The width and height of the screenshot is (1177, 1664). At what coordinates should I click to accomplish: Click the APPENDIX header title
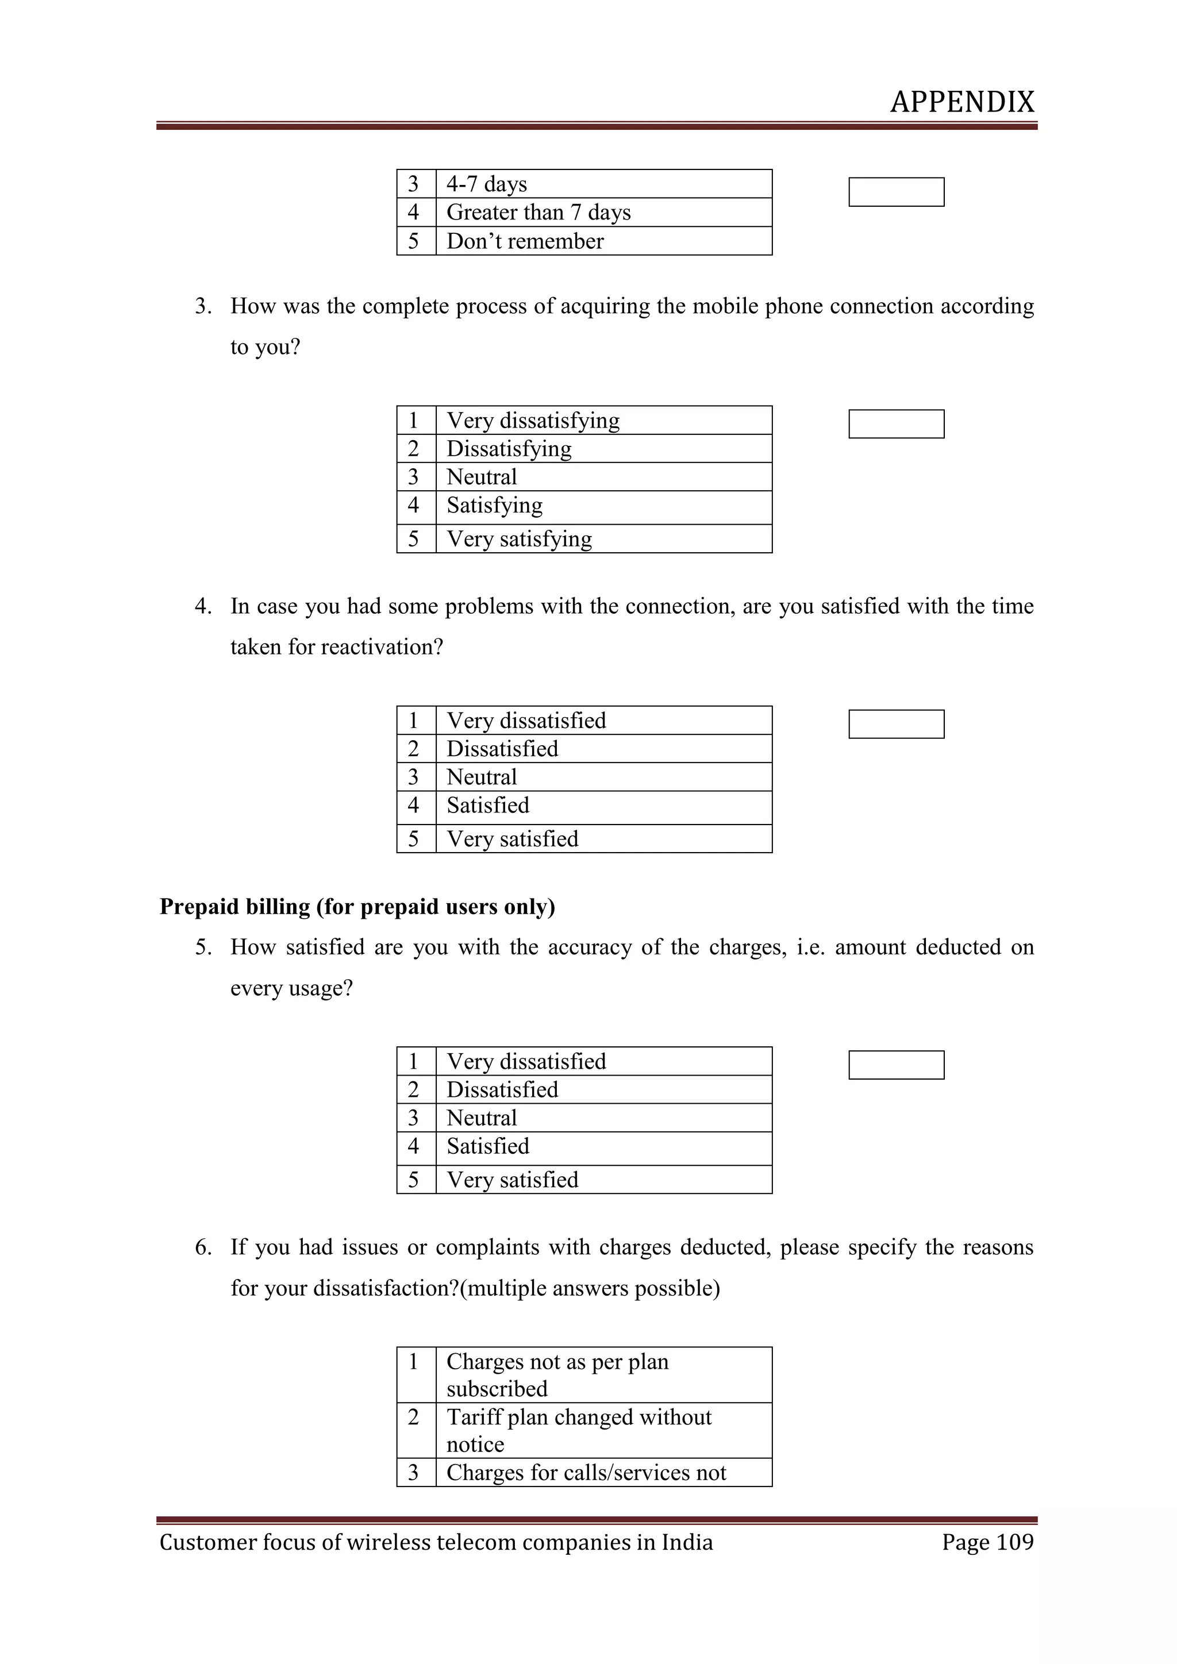click(x=961, y=102)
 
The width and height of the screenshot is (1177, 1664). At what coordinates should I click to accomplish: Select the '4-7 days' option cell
click(x=486, y=184)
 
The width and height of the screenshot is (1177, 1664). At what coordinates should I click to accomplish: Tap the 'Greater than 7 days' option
click(x=538, y=213)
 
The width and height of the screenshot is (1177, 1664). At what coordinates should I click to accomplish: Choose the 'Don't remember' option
click(x=525, y=241)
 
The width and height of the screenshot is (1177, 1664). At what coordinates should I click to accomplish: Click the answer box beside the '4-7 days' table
click(x=896, y=192)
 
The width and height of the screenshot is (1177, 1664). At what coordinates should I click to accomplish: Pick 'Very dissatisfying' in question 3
click(x=533, y=421)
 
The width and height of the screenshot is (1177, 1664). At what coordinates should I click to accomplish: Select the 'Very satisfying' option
click(x=519, y=538)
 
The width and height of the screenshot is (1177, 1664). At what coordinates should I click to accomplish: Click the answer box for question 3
click(x=896, y=424)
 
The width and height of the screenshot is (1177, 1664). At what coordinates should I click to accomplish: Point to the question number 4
click(x=202, y=606)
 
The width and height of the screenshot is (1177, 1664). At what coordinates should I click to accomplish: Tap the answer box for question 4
click(x=896, y=724)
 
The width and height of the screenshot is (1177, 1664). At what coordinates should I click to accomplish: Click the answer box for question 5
click(x=896, y=1065)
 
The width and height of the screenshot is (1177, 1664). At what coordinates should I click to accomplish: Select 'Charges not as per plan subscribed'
click(x=557, y=1375)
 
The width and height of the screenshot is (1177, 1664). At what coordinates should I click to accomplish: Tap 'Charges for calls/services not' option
click(x=586, y=1473)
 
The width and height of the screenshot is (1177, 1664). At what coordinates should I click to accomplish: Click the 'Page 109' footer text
click(x=987, y=1542)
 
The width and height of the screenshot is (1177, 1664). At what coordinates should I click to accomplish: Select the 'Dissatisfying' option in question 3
click(x=509, y=449)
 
